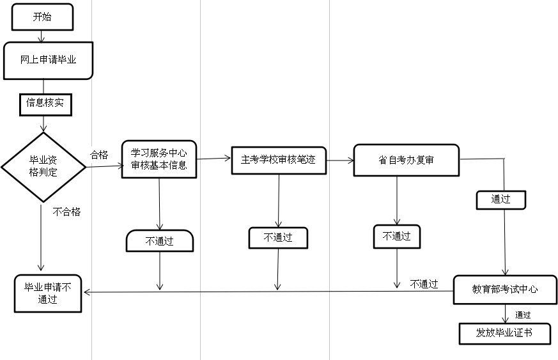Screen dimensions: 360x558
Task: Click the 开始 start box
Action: (x=42, y=18)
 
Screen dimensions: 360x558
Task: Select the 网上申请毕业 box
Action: (x=49, y=61)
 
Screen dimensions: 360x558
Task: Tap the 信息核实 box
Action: (x=45, y=102)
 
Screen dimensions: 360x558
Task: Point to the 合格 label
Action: (x=99, y=155)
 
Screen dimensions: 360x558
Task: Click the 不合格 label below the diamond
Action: (x=66, y=212)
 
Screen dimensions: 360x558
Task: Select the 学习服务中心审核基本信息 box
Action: (x=159, y=159)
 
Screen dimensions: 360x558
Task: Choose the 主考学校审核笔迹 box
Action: (x=278, y=159)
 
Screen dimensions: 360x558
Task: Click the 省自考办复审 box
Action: (x=406, y=160)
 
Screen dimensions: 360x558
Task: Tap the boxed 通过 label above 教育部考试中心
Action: (x=501, y=200)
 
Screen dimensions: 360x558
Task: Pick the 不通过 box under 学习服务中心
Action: (x=160, y=241)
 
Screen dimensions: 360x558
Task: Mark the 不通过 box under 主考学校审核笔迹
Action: (x=278, y=238)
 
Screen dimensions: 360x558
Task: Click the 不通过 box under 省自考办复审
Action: (x=397, y=236)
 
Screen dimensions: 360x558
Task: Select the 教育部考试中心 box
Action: (x=505, y=290)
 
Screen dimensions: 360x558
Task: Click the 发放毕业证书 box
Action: (x=504, y=333)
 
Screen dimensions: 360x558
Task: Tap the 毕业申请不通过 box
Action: (x=48, y=293)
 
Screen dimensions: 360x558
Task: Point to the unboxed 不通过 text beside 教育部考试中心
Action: (x=424, y=284)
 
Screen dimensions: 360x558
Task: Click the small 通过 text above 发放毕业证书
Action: (x=523, y=314)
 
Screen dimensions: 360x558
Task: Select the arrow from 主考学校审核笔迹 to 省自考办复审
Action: (x=339, y=160)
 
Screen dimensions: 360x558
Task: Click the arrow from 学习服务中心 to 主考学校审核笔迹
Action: (x=213, y=158)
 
